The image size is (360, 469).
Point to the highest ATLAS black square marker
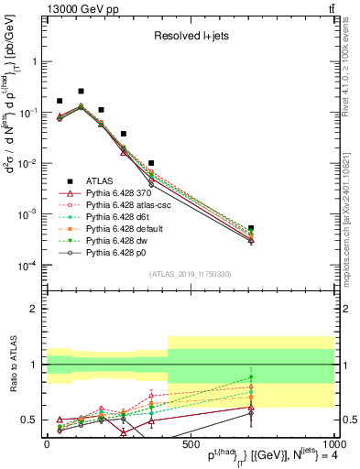pyautogui.click(x=81, y=92)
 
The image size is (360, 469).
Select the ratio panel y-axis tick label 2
pyautogui.click(x=36, y=309)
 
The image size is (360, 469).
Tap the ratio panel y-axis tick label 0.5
pyautogui.click(x=30, y=420)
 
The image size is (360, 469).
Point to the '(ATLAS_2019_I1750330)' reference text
pyautogui.click(x=190, y=274)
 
